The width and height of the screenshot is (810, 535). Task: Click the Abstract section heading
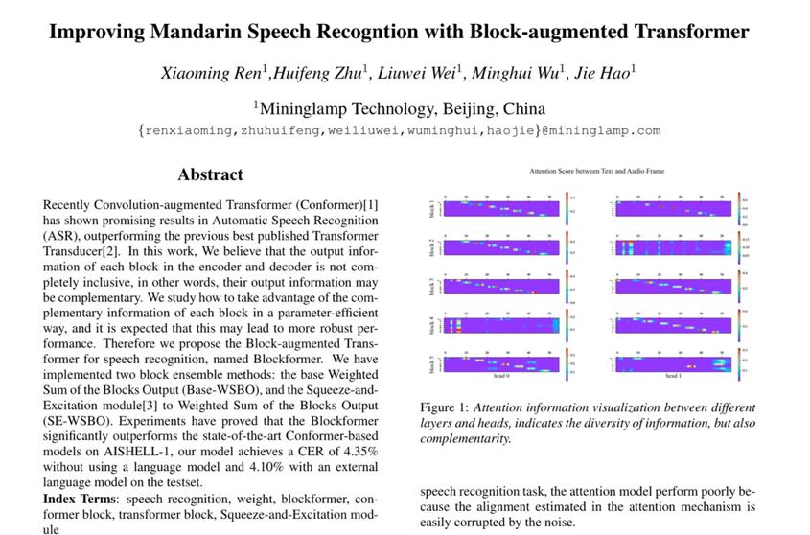[210, 174]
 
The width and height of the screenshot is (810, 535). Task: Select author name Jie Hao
[602, 74]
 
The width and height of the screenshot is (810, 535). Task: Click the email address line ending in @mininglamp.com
[400, 130]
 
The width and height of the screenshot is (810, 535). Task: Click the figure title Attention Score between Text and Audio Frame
[583, 171]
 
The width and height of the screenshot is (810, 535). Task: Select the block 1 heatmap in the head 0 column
[501, 209]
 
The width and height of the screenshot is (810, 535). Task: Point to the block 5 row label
[432, 364]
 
